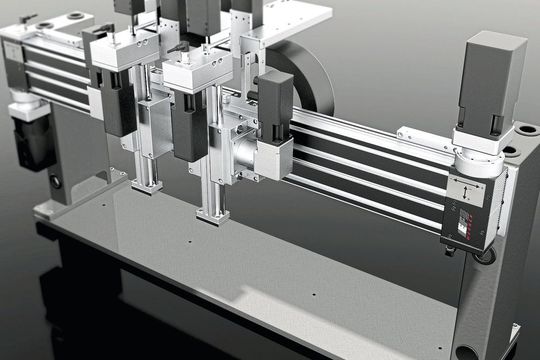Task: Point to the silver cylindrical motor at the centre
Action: (246, 155)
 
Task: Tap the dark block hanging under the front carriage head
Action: (188, 125)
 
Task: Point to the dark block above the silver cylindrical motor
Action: (274, 100)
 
